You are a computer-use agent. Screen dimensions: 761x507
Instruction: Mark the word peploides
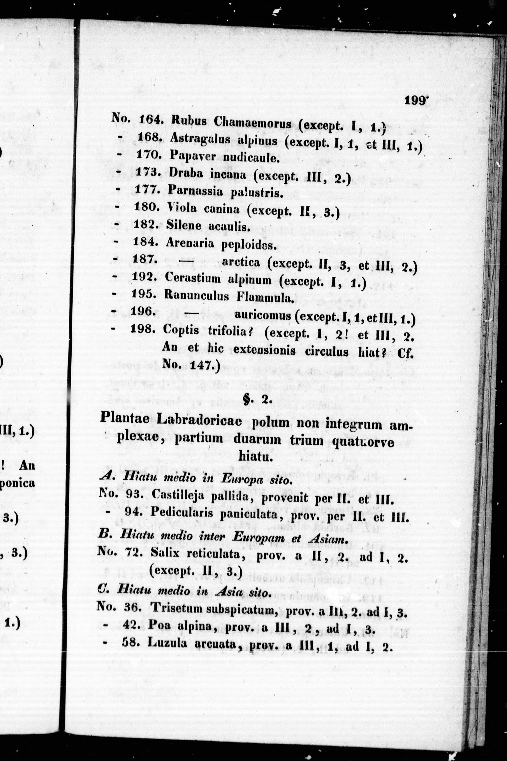click(x=249, y=245)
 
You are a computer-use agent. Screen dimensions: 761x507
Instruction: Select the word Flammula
click(x=265, y=297)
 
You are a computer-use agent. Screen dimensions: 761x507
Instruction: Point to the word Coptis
click(x=181, y=330)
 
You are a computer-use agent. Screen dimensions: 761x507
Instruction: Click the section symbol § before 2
click(x=247, y=401)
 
